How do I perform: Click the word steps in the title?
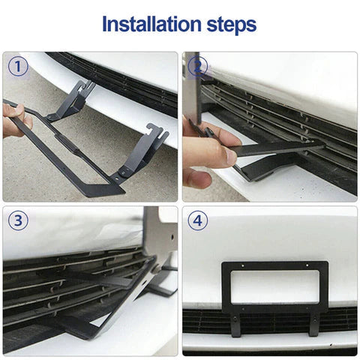[x=226, y=25]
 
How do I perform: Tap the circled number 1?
[x=19, y=68]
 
